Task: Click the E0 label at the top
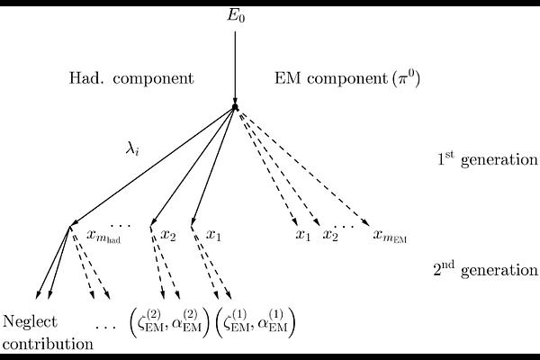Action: pos(236,16)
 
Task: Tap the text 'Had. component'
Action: pos(131,78)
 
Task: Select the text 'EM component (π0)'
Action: pos(346,78)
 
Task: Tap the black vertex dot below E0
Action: pos(235,107)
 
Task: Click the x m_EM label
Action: pos(390,237)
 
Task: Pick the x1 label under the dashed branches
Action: pos(303,235)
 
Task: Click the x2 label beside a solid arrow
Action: pos(167,235)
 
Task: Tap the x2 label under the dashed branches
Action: pos(330,235)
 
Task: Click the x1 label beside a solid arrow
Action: pos(213,235)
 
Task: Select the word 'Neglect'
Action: pos(31,322)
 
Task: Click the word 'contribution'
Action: pos(48,343)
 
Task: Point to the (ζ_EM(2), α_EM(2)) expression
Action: pos(168,321)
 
